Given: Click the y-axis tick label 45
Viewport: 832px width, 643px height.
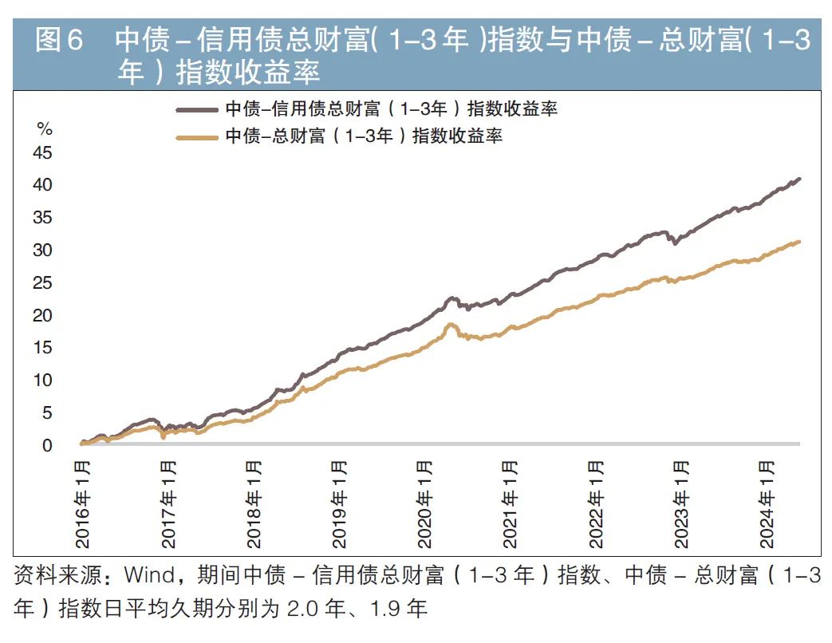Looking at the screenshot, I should (41, 152).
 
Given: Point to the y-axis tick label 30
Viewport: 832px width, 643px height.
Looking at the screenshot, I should (41, 250).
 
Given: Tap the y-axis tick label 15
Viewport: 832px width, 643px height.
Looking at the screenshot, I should (41, 348).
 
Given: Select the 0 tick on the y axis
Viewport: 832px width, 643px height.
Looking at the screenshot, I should (46, 446).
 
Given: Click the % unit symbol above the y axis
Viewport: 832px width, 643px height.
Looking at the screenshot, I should (45, 129).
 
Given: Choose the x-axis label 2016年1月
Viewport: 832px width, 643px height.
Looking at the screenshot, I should (83, 504).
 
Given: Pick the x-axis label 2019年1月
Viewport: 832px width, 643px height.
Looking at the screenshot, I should (340, 504).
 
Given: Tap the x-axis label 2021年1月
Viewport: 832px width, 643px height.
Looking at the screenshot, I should (511, 504).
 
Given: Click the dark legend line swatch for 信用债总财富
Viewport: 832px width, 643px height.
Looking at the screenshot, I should (195, 109).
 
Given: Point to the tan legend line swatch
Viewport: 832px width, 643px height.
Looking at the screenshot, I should (195, 136).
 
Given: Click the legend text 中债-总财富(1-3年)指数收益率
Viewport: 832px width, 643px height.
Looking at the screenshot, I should (364, 136).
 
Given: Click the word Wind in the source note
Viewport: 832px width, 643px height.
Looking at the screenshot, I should (148, 576).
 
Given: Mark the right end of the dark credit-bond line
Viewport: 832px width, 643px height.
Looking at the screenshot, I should (799, 179).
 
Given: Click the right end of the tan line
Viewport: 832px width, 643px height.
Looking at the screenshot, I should (799, 242).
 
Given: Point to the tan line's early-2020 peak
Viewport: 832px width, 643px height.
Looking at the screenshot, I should (451, 324).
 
